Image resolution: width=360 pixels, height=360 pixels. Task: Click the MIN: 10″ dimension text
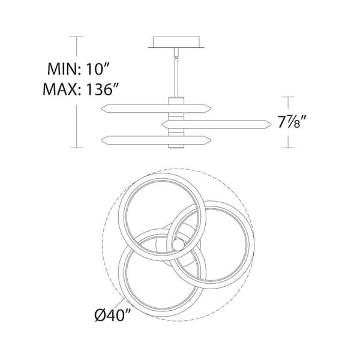78,69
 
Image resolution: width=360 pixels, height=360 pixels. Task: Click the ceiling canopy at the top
176,42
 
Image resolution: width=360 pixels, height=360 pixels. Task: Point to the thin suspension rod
176,77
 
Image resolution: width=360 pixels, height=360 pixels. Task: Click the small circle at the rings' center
178,245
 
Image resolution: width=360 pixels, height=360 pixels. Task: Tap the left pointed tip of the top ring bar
101,109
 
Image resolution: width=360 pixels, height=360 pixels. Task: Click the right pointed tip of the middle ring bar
271,124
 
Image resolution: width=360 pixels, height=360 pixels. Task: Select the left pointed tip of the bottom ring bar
101,140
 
